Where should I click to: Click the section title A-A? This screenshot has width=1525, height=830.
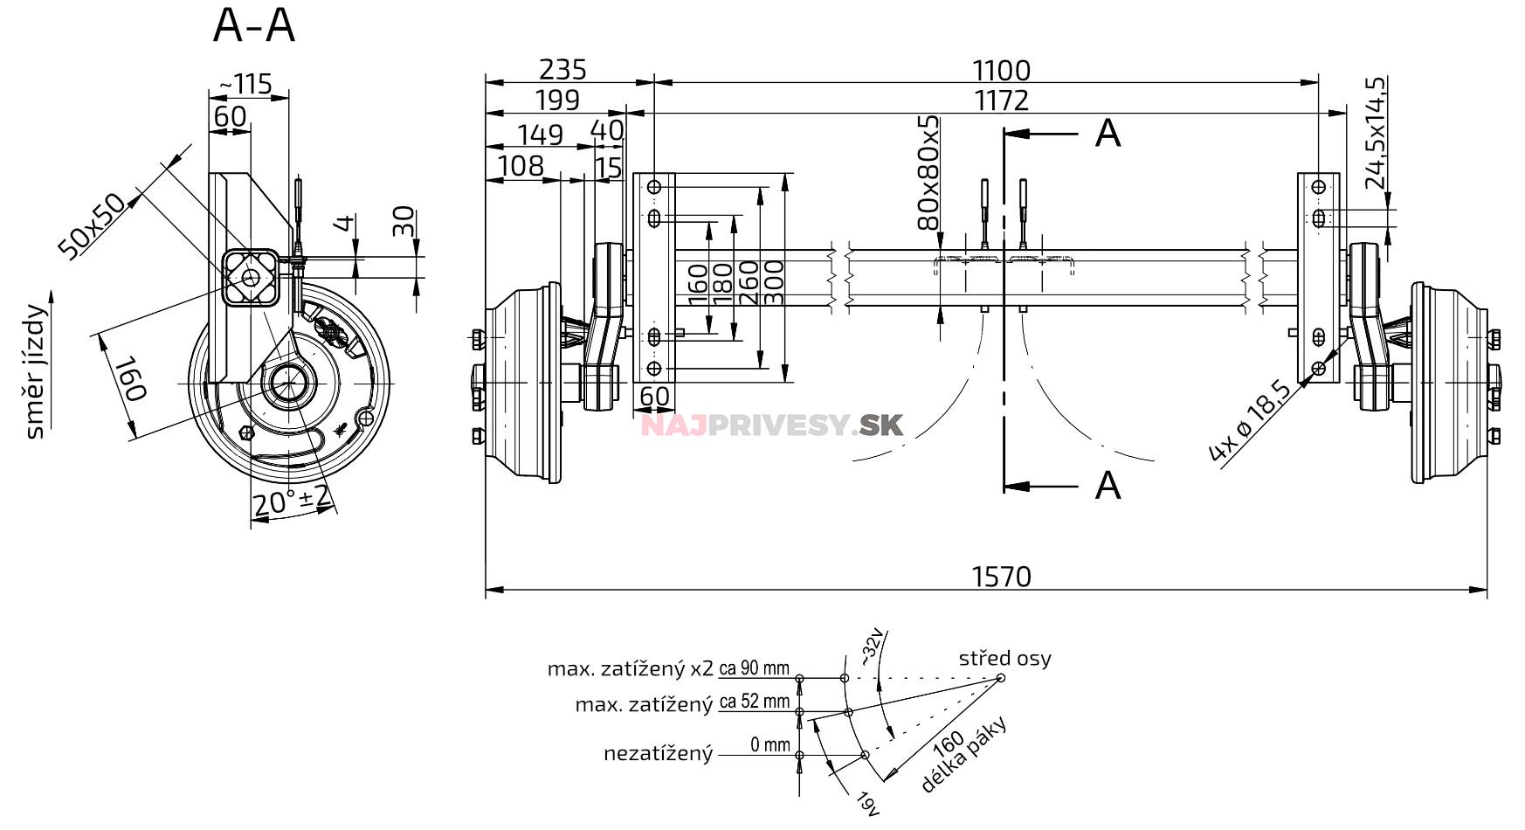coord(254,25)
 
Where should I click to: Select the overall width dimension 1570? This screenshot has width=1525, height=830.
coord(1001,577)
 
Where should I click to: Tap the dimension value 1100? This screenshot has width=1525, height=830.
coord(1001,70)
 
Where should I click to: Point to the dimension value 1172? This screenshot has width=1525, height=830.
coord(1001,100)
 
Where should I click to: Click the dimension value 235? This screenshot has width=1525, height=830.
coord(562,69)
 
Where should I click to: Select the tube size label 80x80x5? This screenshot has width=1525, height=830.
coord(929,172)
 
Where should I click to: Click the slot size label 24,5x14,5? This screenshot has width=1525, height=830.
coord(1375,133)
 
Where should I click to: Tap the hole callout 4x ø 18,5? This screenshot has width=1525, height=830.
coord(1250,421)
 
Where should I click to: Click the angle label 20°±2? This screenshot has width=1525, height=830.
coord(291,501)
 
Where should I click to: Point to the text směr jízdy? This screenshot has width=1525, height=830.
coord(36,371)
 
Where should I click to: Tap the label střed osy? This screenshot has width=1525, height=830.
coord(1004,658)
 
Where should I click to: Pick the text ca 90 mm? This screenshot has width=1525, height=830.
coord(754,669)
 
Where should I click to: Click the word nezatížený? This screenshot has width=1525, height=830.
coord(658,753)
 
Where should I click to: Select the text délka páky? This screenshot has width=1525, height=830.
coord(965,757)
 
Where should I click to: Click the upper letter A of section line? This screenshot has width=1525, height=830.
coord(1107,134)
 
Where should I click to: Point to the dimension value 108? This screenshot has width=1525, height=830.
coord(521,165)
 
